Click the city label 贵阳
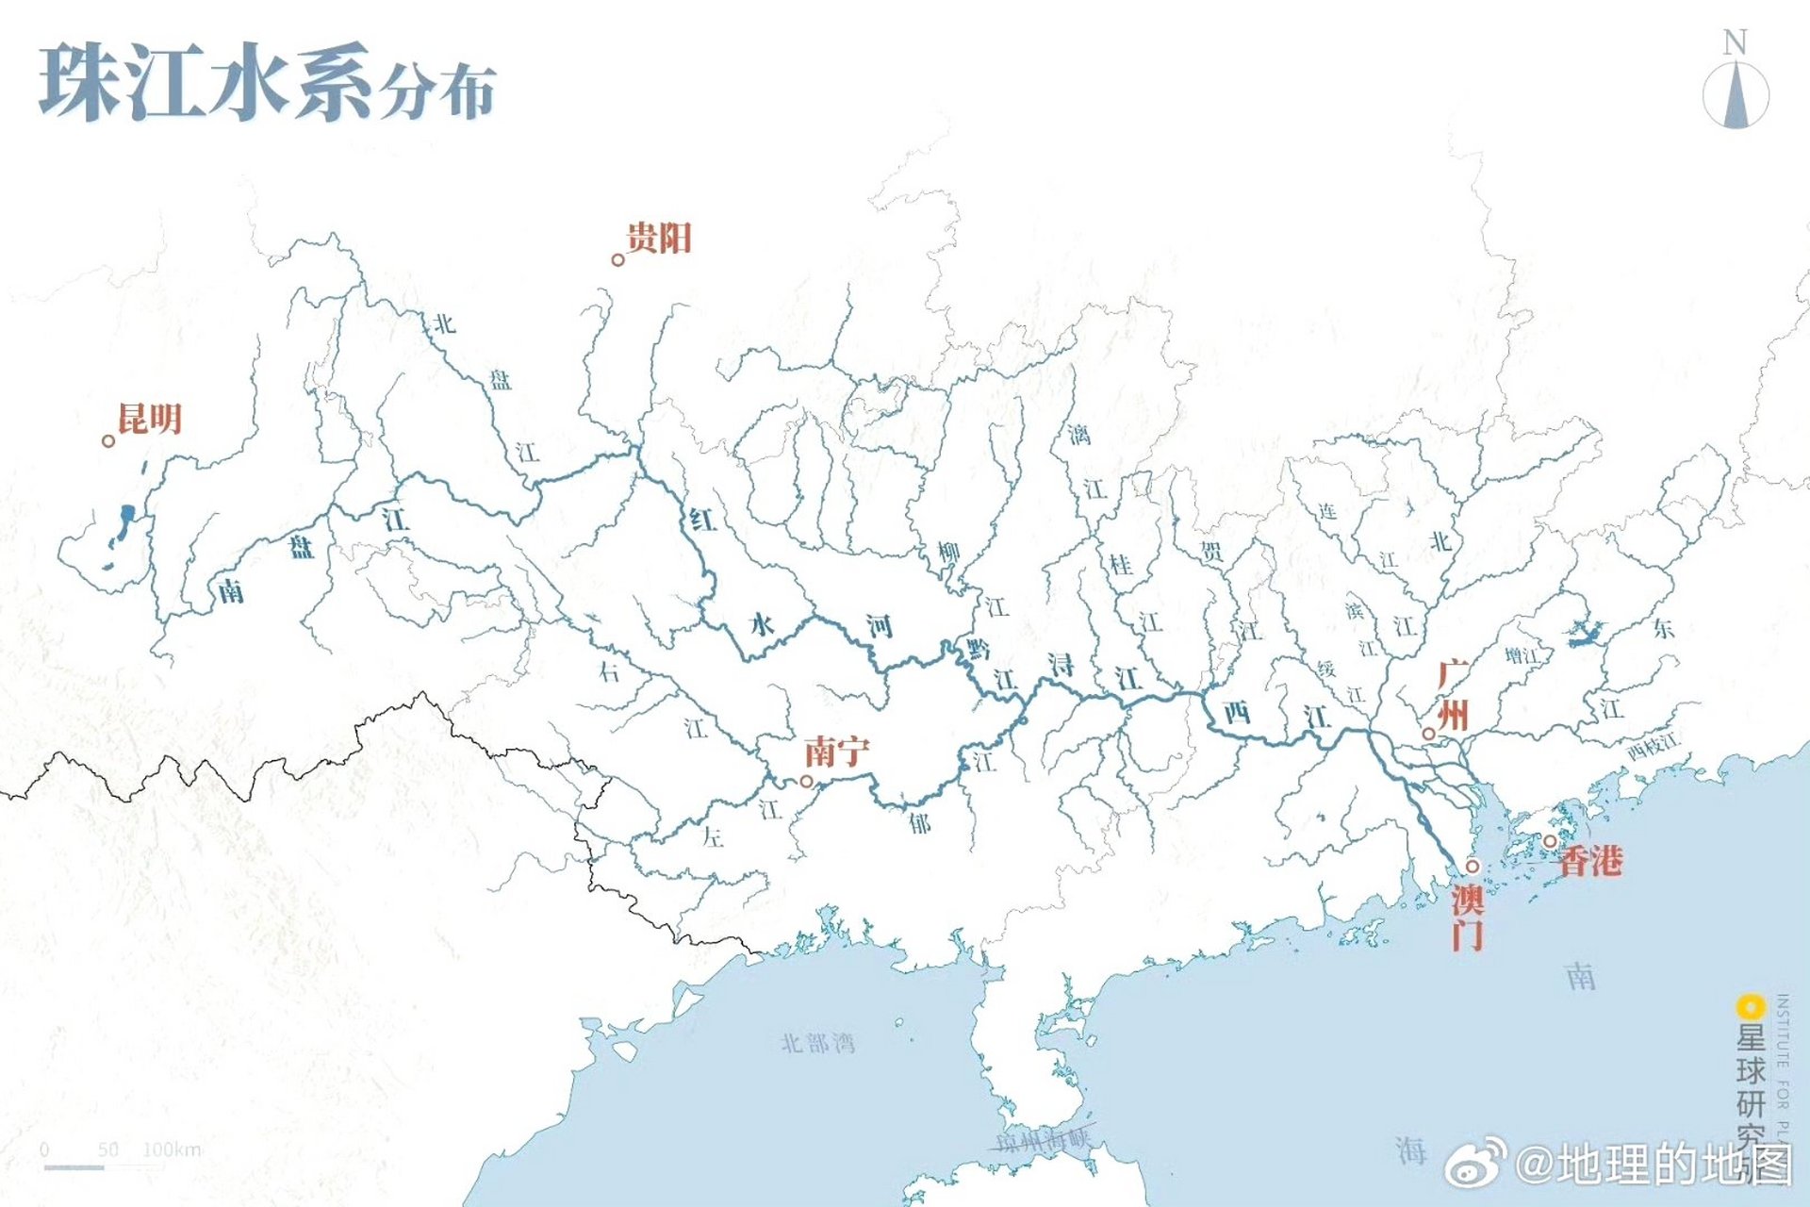click(659, 238)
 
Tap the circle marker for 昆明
click(108, 440)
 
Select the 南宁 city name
click(836, 752)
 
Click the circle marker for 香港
click(1550, 841)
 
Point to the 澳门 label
click(1468, 917)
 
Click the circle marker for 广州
click(1429, 734)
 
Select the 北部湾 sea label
click(817, 1043)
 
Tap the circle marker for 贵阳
click(618, 259)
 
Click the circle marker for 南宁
click(806, 781)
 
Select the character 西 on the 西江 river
click(1237, 712)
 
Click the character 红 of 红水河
click(701, 519)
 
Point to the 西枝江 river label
click(1653, 747)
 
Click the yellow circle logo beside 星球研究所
click(1751, 1006)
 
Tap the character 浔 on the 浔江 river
click(1061, 665)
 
